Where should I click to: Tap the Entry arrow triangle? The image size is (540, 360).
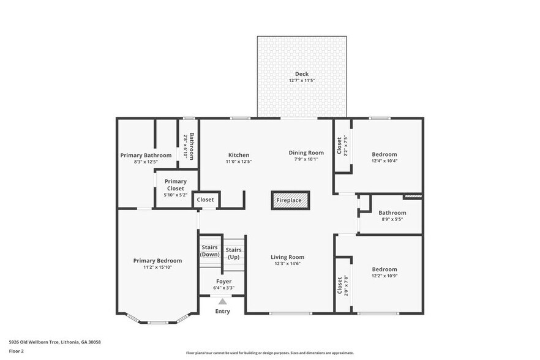[x=223, y=301]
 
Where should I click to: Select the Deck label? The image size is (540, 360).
[x=301, y=74]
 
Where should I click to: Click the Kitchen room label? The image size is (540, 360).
[x=239, y=155]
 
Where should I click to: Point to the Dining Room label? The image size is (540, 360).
[x=306, y=152]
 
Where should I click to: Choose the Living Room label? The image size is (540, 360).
[x=288, y=257]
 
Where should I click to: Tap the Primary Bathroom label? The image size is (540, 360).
[x=146, y=156]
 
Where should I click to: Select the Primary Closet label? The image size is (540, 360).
[x=176, y=181]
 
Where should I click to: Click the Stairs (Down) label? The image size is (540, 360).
[x=210, y=250]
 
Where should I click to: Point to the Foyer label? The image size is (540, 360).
[x=223, y=282]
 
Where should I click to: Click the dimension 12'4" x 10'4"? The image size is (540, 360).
[x=384, y=161]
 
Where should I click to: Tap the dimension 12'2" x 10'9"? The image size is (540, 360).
[x=384, y=276]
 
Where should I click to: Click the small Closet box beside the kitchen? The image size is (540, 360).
[x=206, y=200]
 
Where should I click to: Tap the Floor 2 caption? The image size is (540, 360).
[x=16, y=351]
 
